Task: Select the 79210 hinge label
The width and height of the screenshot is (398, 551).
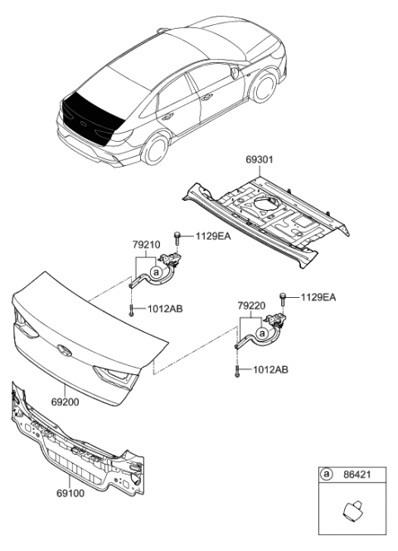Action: pyautogui.click(x=146, y=246)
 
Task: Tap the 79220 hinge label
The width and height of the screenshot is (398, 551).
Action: pyautogui.click(x=251, y=305)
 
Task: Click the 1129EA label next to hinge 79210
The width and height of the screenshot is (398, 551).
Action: pyautogui.click(x=212, y=236)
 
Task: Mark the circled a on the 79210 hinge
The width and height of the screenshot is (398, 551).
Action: pyautogui.click(x=157, y=270)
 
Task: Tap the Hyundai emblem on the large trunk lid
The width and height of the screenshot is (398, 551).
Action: pyautogui.click(x=62, y=350)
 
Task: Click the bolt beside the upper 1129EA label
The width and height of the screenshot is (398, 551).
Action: pyautogui.click(x=178, y=237)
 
